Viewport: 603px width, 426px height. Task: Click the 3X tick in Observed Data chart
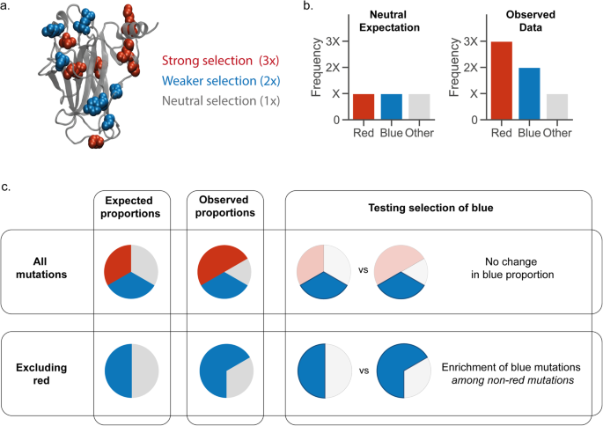(x=472, y=41)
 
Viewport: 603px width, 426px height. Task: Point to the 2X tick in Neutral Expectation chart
(x=330, y=67)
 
